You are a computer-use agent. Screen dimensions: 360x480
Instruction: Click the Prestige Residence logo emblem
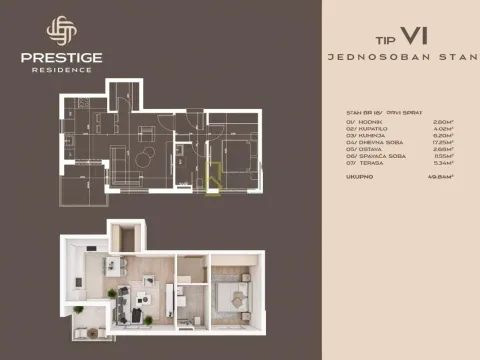pos(61,33)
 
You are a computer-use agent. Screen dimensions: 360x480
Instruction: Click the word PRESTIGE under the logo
pos(61,58)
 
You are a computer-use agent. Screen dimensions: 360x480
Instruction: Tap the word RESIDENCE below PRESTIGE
pos(61,70)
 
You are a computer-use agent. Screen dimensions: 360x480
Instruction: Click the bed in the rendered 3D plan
pos(232,293)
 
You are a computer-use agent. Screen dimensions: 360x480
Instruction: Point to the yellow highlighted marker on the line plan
pos(210,183)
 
